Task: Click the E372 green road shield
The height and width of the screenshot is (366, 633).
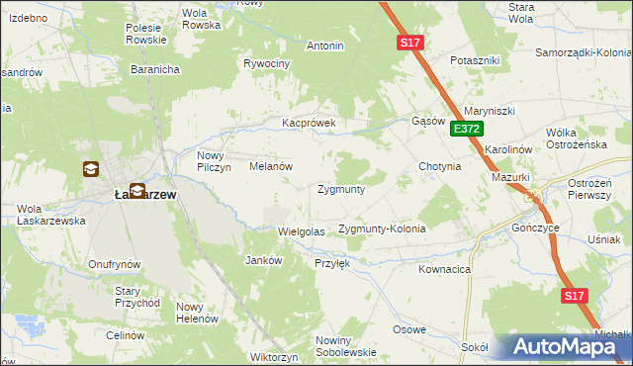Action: pyautogui.click(x=467, y=129)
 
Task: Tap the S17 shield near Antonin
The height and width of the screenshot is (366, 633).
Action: pyautogui.click(x=412, y=43)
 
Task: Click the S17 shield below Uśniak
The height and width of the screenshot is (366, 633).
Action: pyautogui.click(x=575, y=296)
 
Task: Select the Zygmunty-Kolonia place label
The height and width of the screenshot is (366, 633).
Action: pyautogui.click(x=382, y=229)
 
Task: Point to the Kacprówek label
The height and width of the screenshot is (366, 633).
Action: pyautogui.click(x=310, y=124)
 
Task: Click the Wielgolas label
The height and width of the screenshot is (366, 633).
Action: pyautogui.click(x=302, y=231)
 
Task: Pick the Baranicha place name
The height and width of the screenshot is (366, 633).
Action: pyautogui.click(x=154, y=70)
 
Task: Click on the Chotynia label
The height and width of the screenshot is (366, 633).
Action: pyautogui.click(x=440, y=166)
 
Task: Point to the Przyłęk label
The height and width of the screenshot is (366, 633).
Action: pyautogui.click(x=332, y=263)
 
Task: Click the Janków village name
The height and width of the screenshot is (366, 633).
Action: pyautogui.click(x=263, y=260)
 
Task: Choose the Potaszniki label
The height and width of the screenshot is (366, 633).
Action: pyautogui.click(x=475, y=60)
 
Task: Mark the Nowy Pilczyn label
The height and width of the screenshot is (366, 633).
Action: pyautogui.click(x=214, y=161)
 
